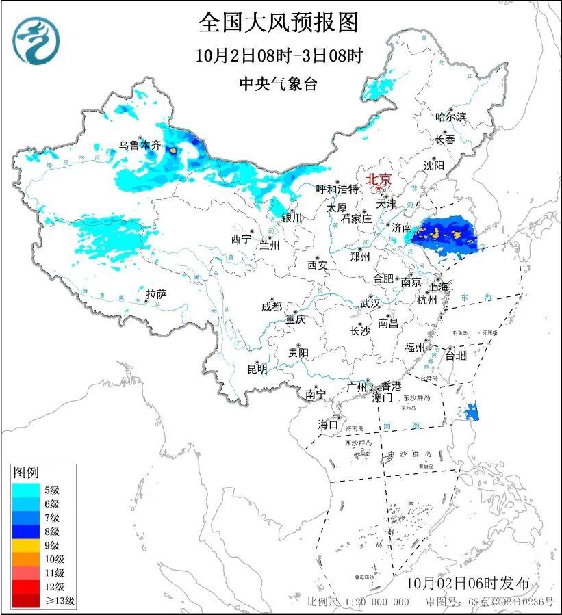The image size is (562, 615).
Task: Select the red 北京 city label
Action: coord(379,179)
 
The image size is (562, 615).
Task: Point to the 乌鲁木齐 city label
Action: coord(139,145)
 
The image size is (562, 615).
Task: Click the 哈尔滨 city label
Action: coord(450,117)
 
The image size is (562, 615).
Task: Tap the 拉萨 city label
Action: coord(156,294)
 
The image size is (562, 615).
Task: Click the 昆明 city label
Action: coord(257,369)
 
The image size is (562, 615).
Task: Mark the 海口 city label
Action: coord(328,425)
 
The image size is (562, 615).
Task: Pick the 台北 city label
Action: coord(455,355)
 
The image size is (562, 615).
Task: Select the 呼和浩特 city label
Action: coord(337,189)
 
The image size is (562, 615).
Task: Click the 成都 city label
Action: coord(271,307)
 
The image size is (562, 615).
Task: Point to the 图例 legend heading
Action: coord(27,473)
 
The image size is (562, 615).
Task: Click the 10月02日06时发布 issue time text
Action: coord(468,584)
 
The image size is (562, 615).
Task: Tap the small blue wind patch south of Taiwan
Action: coord(472,411)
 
